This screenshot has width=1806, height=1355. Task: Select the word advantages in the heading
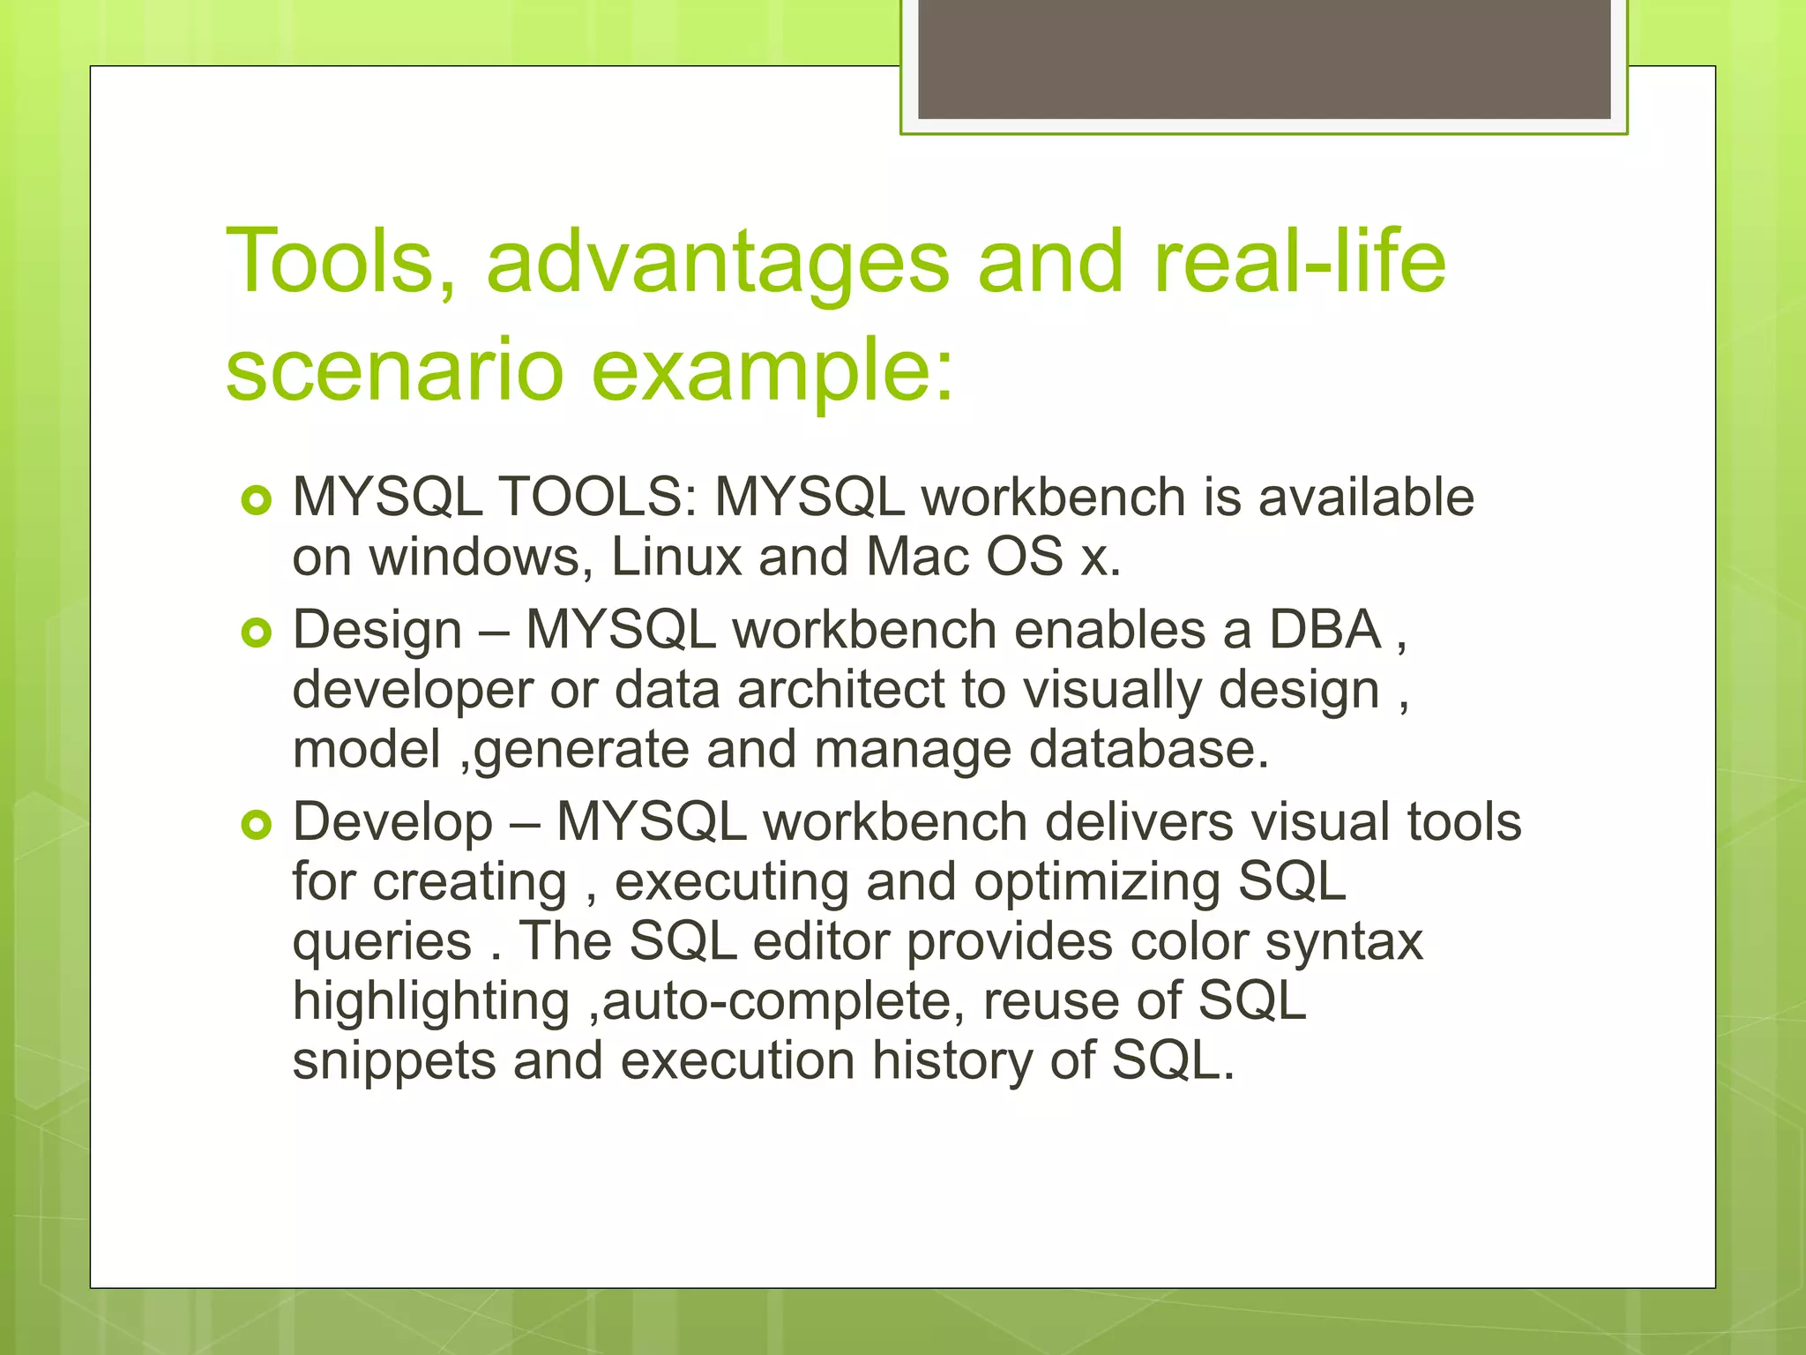pos(717,262)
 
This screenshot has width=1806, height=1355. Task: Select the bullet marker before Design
pos(257,633)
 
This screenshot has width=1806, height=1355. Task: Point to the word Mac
pos(917,557)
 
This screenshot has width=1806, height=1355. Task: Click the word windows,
pos(481,557)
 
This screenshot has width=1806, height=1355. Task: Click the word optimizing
pos(1097,881)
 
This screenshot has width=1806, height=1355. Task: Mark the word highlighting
pos(431,1001)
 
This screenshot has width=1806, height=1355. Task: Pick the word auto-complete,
pos(776,1001)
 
